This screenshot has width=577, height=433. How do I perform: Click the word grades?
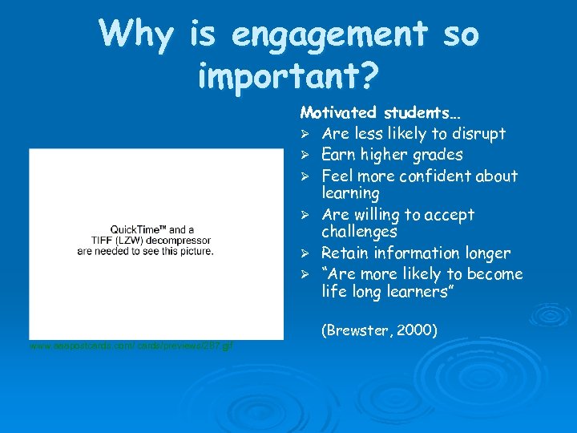tap(434, 155)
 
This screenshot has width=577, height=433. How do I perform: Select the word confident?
tap(434, 176)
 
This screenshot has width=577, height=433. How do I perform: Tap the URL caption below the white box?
tap(131, 345)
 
